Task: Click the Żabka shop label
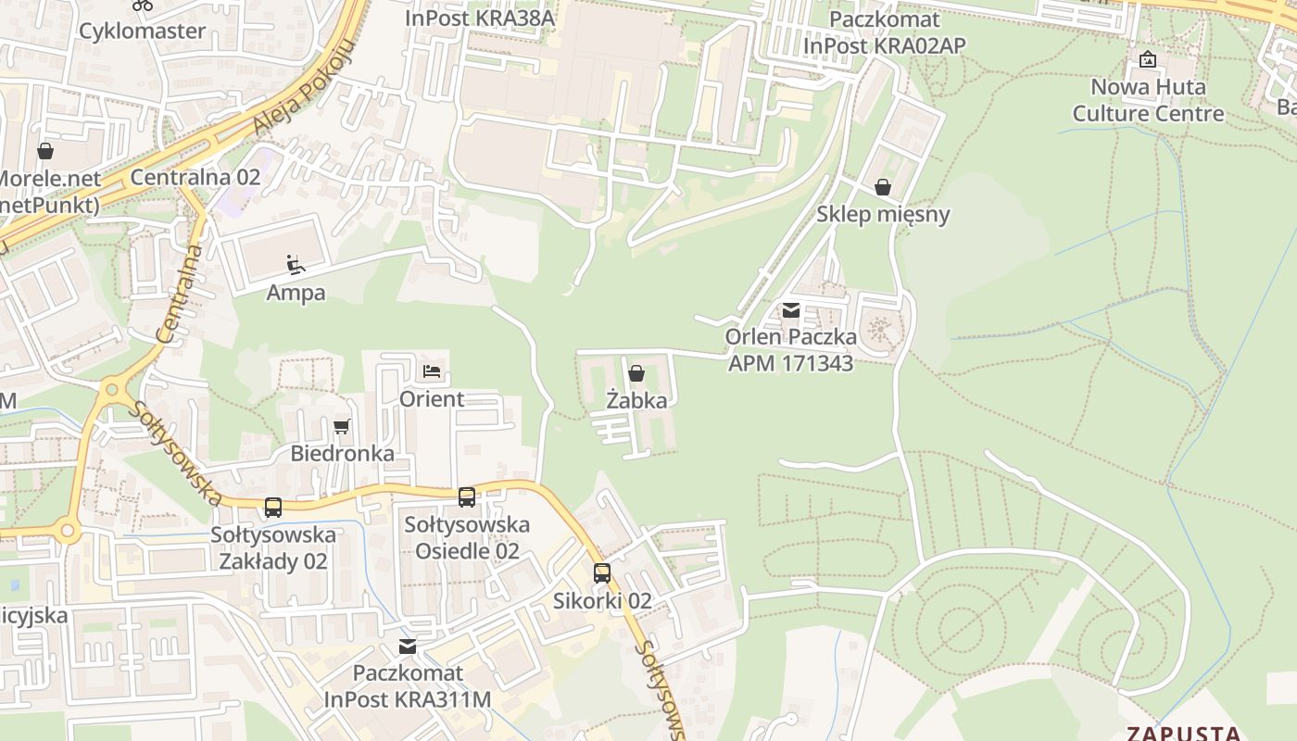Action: [x=636, y=400]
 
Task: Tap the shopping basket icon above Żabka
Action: [x=636, y=373]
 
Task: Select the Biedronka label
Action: [x=342, y=453]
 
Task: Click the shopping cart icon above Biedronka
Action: [x=342, y=426]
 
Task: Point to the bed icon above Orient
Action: [x=432, y=371]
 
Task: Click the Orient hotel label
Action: [x=432, y=399]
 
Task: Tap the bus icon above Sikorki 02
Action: [x=602, y=573]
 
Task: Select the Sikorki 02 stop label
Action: [x=602, y=600]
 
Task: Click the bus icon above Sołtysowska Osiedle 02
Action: [x=467, y=497]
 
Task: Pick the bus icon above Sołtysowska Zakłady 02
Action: [x=272, y=508]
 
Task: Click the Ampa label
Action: [x=296, y=293]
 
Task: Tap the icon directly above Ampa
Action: [x=296, y=266]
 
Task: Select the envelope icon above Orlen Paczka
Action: [x=790, y=311]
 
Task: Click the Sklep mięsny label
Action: [x=883, y=214]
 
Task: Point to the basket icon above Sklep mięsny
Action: [x=883, y=188]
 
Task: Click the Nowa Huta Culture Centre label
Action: [x=1148, y=100]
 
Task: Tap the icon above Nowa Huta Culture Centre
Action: [x=1148, y=59]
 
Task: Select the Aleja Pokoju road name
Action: [x=304, y=89]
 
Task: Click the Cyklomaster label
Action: [x=142, y=31]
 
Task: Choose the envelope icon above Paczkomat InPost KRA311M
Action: [x=407, y=647]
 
